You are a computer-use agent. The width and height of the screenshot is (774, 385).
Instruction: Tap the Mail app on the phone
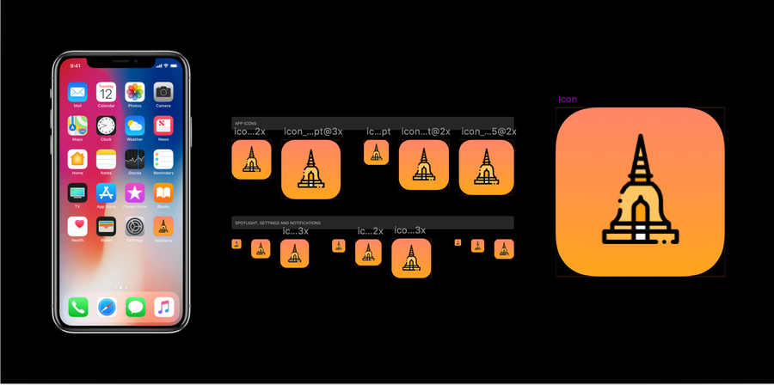click(x=78, y=92)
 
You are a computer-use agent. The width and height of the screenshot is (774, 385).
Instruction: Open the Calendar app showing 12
click(x=107, y=92)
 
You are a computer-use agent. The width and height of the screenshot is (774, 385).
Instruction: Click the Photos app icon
click(x=135, y=92)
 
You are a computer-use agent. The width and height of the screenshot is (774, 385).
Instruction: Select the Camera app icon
click(x=163, y=92)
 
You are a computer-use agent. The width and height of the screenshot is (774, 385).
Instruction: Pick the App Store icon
click(x=107, y=192)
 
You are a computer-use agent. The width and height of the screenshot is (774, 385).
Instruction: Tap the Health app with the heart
click(x=78, y=226)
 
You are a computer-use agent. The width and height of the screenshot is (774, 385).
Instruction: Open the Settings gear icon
click(x=135, y=226)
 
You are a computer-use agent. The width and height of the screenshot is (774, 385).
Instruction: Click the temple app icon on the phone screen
click(x=163, y=226)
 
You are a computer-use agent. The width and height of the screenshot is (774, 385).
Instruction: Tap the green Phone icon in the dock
click(x=78, y=307)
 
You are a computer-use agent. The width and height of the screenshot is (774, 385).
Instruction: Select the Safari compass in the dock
click(x=107, y=307)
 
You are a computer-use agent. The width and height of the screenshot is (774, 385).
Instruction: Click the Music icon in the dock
click(x=163, y=307)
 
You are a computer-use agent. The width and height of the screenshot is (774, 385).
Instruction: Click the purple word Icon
click(x=568, y=100)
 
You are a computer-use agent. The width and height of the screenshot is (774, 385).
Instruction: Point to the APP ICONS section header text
click(x=245, y=124)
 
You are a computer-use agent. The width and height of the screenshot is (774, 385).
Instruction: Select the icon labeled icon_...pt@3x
click(x=310, y=169)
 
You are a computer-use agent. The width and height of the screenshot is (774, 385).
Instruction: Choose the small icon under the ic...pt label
click(x=376, y=152)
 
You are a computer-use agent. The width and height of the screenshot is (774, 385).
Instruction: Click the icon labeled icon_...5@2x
click(x=486, y=167)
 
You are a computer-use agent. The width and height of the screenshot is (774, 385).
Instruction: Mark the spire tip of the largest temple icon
click(x=639, y=137)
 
